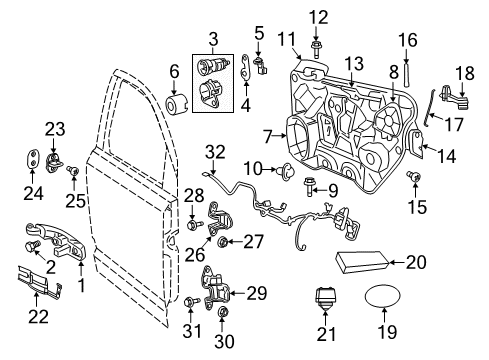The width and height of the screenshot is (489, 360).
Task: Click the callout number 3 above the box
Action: pos(212,39)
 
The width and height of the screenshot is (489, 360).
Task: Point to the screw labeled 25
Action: pos(71,172)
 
